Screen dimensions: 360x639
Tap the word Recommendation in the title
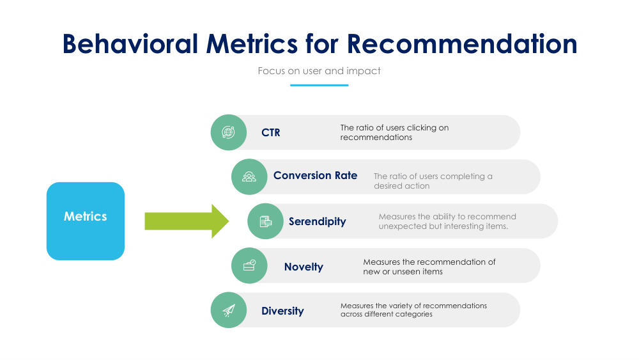coord(462,43)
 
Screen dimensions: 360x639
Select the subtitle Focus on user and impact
coord(319,70)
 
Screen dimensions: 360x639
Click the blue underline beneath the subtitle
coord(319,85)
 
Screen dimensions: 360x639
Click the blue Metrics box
coord(86,221)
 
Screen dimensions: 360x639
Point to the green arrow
coord(186,221)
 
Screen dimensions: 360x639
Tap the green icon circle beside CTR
coord(229,132)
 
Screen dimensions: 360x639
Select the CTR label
coord(270,133)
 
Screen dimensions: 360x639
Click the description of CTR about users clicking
coord(394,132)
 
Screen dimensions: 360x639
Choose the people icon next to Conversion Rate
coord(249,176)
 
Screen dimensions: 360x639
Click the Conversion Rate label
coord(315,176)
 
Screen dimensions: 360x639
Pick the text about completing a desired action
coord(433,181)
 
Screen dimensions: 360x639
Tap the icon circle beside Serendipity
coord(265,221)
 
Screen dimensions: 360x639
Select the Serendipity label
coord(317,222)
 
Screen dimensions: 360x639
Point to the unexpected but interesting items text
coord(447,221)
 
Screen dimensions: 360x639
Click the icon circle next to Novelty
coord(249,265)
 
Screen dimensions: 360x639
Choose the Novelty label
coord(304,267)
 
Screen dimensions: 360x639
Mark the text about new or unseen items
coord(429,267)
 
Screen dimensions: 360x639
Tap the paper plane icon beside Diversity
coord(229,310)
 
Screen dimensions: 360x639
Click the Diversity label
coord(282,311)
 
